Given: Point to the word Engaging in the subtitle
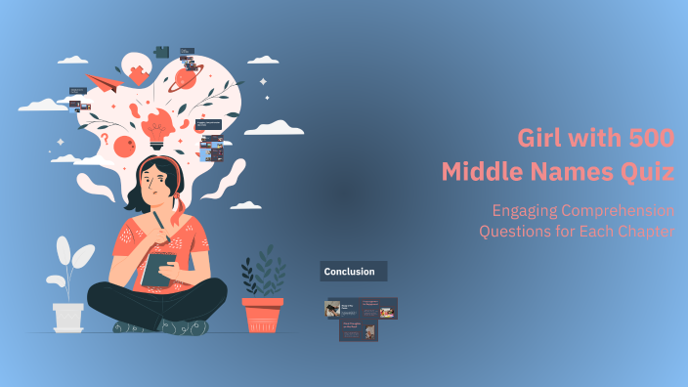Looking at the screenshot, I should click(528, 210).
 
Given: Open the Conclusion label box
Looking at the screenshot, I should click(354, 271).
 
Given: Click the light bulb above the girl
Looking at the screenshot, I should click(157, 124).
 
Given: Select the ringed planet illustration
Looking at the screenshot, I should click(186, 79).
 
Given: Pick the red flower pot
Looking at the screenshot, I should click(262, 314).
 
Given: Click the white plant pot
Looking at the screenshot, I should click(68, 316).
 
